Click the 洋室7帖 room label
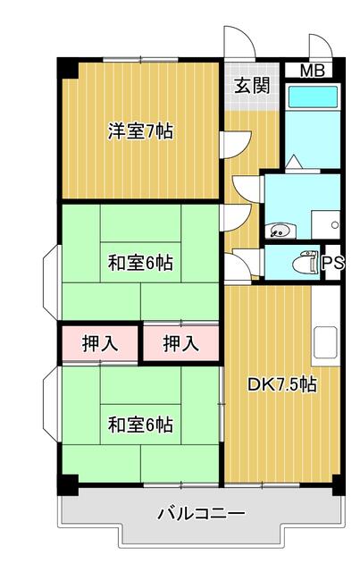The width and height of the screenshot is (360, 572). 140,132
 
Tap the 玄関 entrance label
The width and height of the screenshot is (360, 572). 252,86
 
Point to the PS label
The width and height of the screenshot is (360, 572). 331,263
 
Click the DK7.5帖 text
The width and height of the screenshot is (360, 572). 281,385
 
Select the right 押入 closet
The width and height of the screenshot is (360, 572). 181,343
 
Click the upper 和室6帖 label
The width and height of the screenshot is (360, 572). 140,263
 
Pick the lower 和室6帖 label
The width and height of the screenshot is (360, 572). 140,423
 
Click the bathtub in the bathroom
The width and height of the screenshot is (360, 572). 312,97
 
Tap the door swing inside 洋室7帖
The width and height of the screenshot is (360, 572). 233,143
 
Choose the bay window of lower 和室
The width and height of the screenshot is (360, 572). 50,419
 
